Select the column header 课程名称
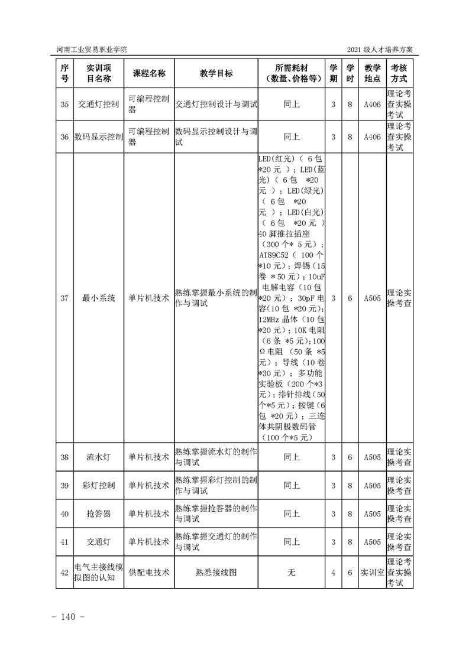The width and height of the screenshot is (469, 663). (148, 73)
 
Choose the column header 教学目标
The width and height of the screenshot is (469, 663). (216, 73)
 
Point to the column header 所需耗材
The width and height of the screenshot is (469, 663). (292, 67)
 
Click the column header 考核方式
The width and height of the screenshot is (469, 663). (399, 73)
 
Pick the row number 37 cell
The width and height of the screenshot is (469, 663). (64, 298)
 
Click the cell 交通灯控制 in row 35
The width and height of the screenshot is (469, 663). (99, 104)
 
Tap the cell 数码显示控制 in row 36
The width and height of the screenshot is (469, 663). (99, 136)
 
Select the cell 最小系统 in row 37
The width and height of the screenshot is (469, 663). (99, 298)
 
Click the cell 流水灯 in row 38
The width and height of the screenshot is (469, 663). (99, 457)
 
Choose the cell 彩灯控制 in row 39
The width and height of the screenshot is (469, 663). (99, 485)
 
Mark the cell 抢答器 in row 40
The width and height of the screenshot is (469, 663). (99, 513)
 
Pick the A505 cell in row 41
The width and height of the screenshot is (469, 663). (372, 541)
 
